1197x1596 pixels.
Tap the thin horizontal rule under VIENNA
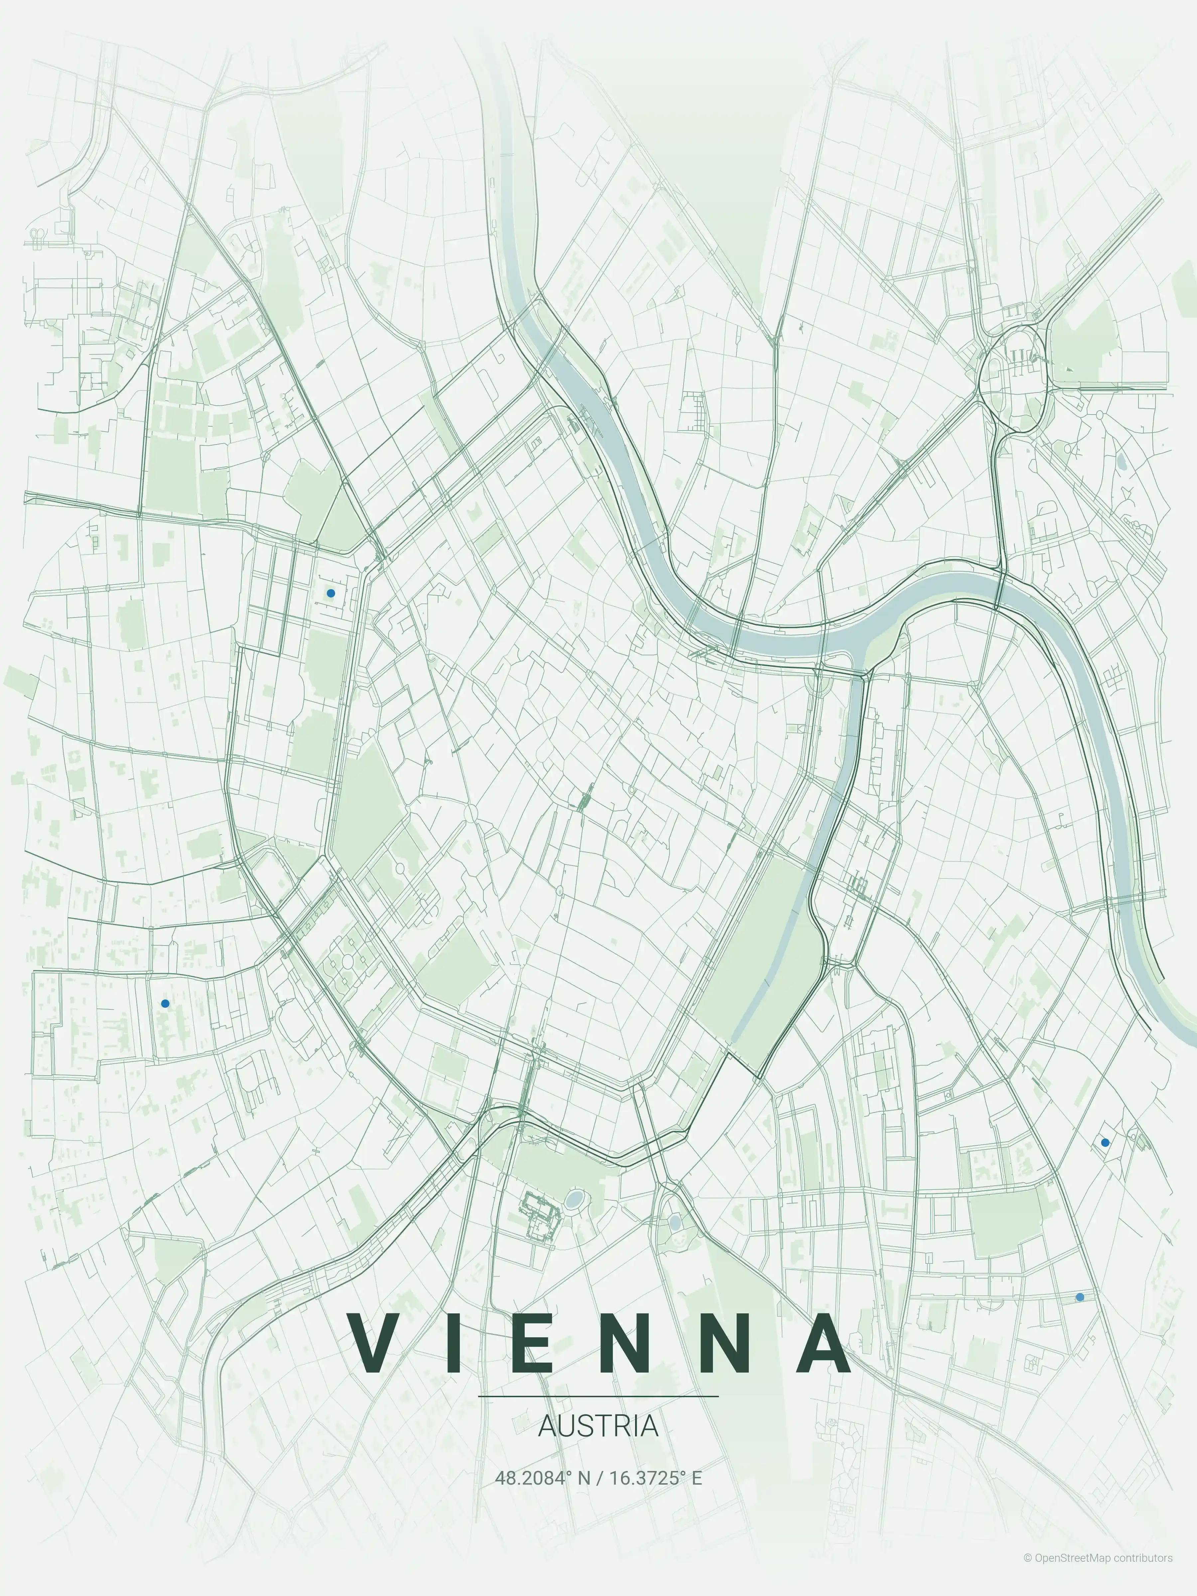point(598,1396)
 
